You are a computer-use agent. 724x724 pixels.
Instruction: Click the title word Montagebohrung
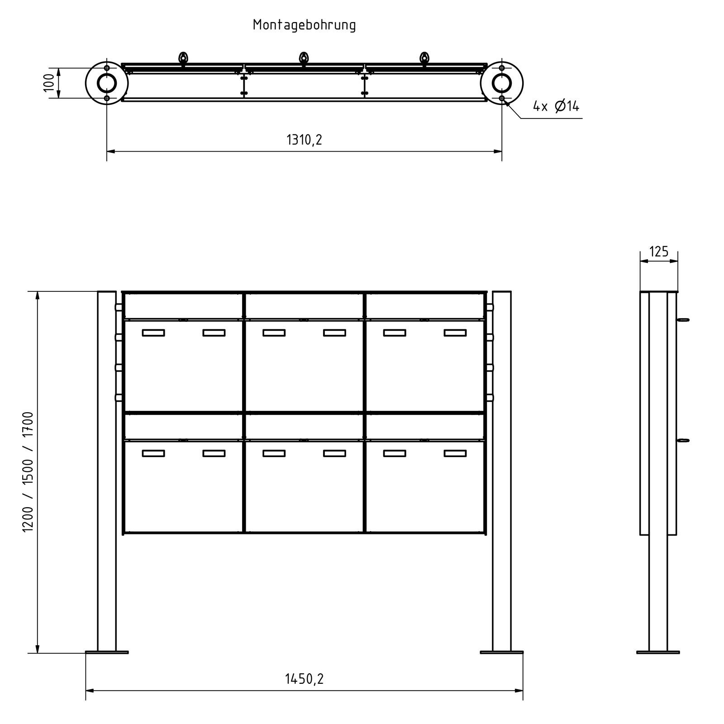tap(305, 25)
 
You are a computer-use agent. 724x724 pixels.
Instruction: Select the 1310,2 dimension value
tap(304, 140)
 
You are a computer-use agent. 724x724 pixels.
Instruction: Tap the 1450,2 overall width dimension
tap(304, 679)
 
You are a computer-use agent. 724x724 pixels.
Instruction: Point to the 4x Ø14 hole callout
tap(556, 106)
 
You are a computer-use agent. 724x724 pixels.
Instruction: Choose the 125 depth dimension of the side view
tap(659, 252)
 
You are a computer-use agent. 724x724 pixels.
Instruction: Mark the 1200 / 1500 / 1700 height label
tap(28, 472)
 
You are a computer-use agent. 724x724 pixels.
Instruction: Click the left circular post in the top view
tap(107, 83)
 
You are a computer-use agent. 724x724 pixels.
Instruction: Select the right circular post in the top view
tap(502, 83)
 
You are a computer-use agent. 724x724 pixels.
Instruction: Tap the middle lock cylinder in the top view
tap(304, 59)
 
